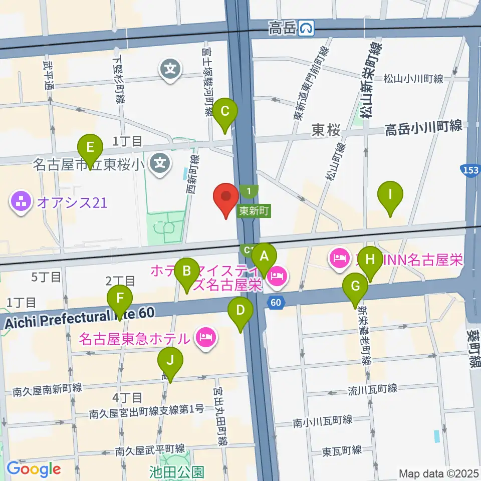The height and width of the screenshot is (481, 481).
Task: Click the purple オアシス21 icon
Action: pyautogui.click(x=21, y=202)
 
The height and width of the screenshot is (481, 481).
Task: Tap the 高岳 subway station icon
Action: pyautogui.click(x=306, y=29)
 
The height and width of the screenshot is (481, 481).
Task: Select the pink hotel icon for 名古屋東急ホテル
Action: pyautogui.click(x=205, y=338)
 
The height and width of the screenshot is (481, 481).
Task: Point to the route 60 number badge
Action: pyautogui.click(x=275, y=302)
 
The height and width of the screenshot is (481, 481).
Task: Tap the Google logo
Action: pyautogui.click(x=34, y=469)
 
